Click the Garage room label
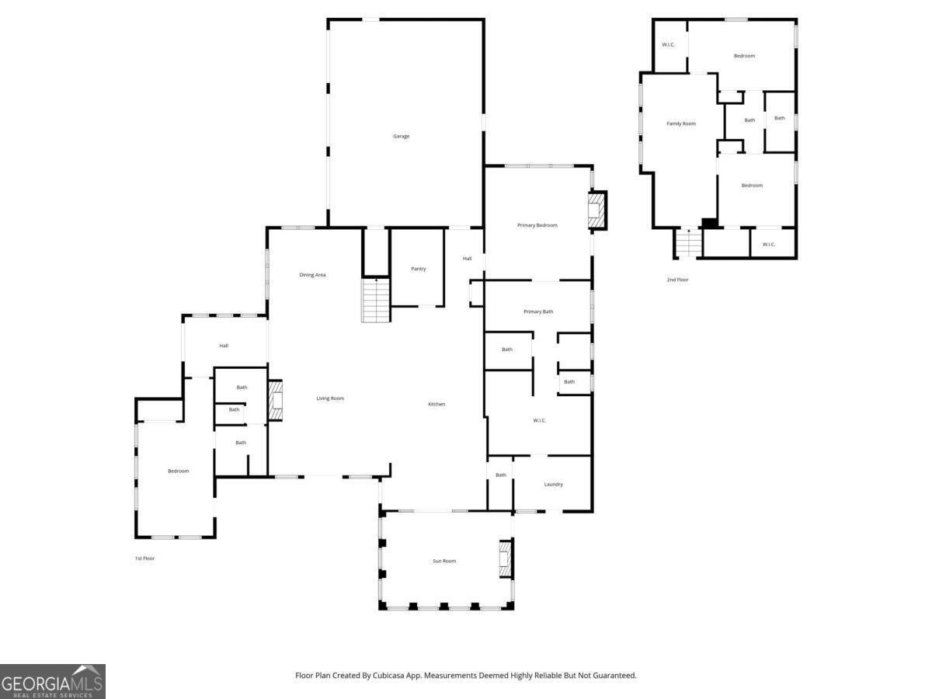click(x=401, y=137)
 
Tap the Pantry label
click(x=419, y=269)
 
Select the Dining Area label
click(x=312, y=275)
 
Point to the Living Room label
click(x=330, y=398)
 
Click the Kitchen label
click(x=436, y=404)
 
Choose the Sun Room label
click(x=444, y=561)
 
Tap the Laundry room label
click(x=553, y=485)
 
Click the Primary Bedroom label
click(x=537, y=225)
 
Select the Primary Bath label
click(x=538, y=311)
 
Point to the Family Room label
click(x=681, y=123)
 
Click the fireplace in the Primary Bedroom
click(x=596, y=210)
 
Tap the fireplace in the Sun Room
click(x=505, y=559)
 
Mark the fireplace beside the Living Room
click(x=276, y=400)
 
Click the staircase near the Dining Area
click(x=376, y=301)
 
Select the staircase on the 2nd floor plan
click(x=688, y=243)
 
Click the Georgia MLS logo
click(x=52, y=681)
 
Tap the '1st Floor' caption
click(x=144, y=558)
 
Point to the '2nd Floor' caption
click(x=677, y=280)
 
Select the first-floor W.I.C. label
click(x=540, y=421)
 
